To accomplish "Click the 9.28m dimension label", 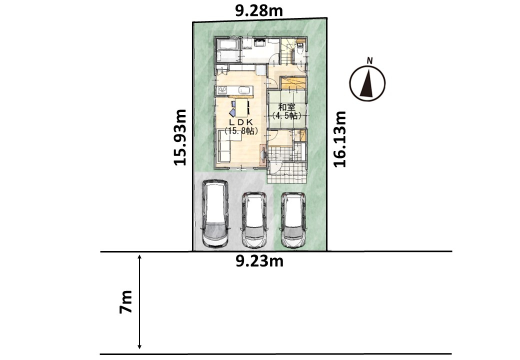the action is click(258, 11).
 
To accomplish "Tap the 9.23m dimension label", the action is click(259, 261).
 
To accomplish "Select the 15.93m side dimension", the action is click(180, 137).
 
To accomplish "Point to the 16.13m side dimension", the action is click(339, 139).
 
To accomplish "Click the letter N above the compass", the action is click(370, 60).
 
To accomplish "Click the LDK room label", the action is click(241, 122).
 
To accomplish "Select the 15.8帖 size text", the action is click(241, 130).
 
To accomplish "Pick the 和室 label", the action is click(287, 107).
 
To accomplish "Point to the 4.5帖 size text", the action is click(287, 115).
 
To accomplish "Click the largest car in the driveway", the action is click(214, 213).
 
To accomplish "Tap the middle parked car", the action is click(254, 219).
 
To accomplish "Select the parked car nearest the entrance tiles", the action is click(293, 220).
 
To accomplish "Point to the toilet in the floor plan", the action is click(300, 48).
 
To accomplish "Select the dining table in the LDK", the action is click(241, 107).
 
